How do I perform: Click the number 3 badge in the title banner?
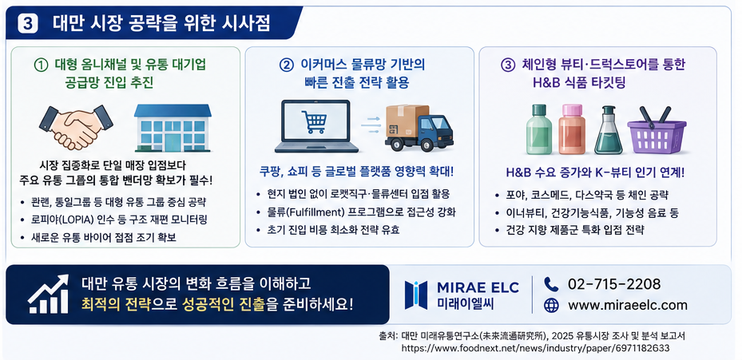27,23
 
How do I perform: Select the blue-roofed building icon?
173,128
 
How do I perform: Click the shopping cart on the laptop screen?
314,121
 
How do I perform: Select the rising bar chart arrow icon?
48,294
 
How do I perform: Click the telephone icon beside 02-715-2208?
551,284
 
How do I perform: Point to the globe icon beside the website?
551,306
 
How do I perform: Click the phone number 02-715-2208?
613,284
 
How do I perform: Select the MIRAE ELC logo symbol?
416,295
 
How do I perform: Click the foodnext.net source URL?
535,348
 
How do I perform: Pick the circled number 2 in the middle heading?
286,65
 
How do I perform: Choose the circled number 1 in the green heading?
42,65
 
